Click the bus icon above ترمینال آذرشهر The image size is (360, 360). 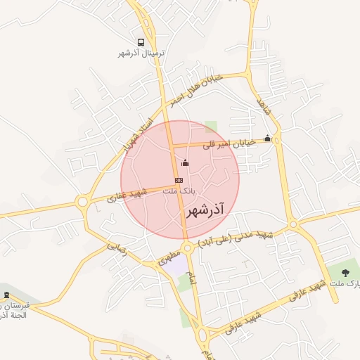141,42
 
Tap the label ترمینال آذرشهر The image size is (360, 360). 141,53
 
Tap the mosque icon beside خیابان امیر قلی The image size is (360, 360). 267,139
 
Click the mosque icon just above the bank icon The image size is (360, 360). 185,163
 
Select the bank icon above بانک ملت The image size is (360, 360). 179,180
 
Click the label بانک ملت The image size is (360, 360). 179,191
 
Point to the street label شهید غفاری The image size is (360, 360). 127,195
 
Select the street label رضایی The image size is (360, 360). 117,249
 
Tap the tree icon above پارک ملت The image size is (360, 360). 345,272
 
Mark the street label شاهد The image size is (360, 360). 264,108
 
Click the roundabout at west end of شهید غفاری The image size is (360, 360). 82,202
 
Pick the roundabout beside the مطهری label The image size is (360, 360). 188,248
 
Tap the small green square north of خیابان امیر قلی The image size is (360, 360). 211,127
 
